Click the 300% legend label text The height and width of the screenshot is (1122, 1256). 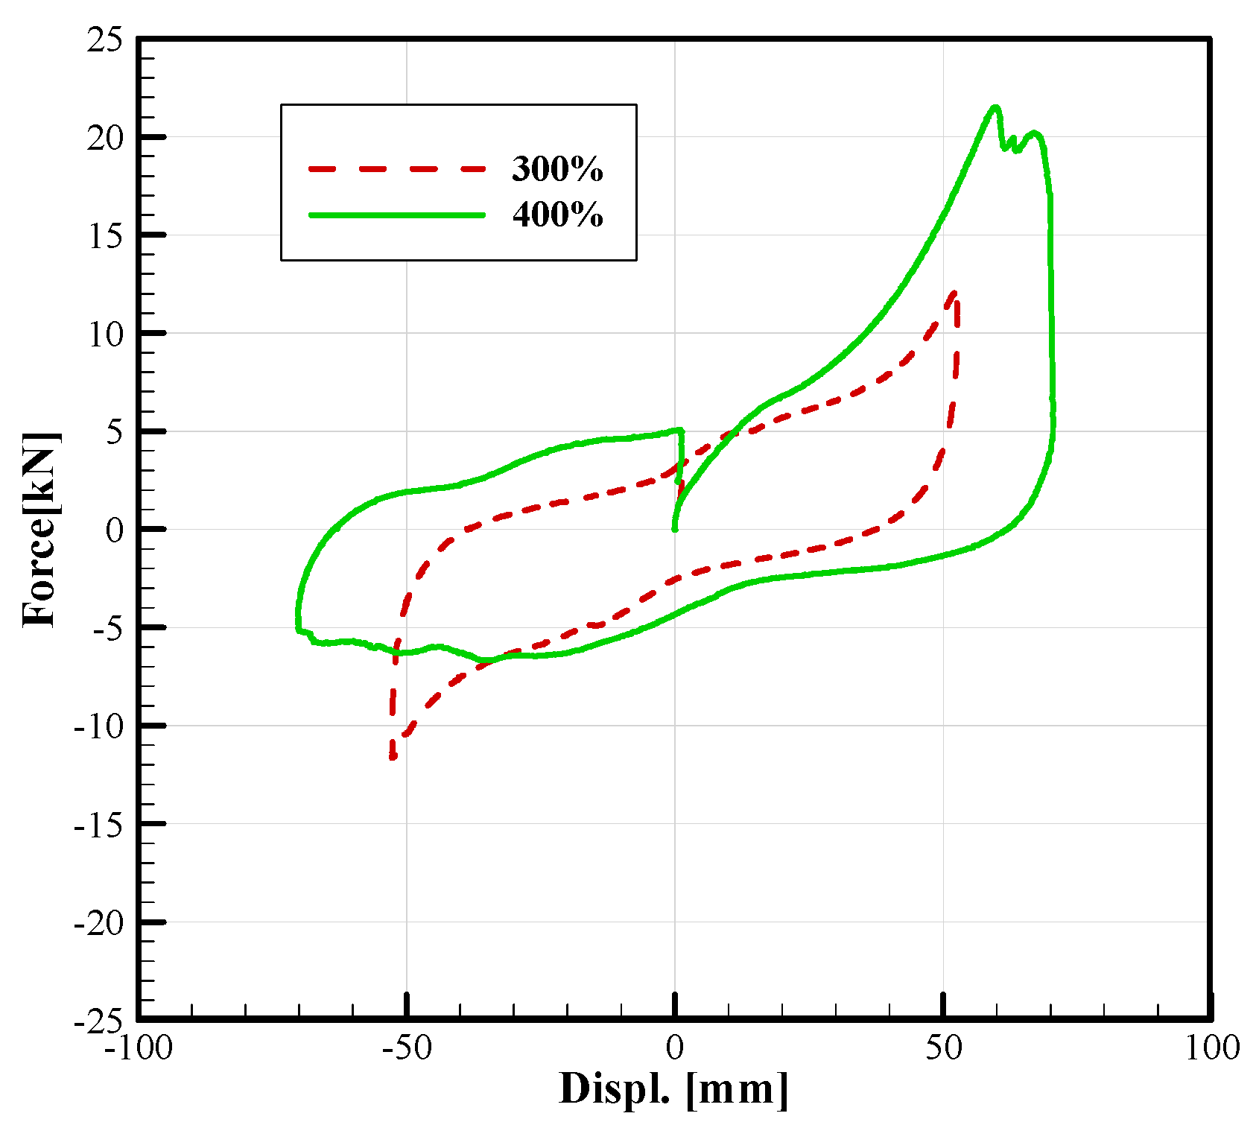tap(557, 169)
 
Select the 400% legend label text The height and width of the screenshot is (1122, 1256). tap(557, 215)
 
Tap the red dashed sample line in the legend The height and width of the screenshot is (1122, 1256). tap(396, 169)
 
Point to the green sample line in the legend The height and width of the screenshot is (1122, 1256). tap(396, 215)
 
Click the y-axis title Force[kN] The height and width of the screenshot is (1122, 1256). tap(40, 529)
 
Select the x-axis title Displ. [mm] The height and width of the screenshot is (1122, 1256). tap(673, 1089)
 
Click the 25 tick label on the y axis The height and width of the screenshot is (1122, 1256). tap(104, 40)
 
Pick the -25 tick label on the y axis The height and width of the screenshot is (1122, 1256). tap(98, 1020)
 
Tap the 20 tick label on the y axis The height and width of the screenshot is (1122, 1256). tap(104, 138)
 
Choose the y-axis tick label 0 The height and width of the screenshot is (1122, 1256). tap(114, 530)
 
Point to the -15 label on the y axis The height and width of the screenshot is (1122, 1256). tap(98, 825)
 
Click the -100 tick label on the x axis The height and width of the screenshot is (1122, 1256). tap(139, 1048)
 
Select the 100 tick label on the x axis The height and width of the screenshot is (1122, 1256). tap(1211, 1048)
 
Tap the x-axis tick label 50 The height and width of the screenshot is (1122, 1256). tap(944, 1048)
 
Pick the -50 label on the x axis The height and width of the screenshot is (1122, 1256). tap(407, 1048)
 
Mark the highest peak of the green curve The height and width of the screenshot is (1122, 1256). tap(995, 107)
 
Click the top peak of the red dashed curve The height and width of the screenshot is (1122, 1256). tap(954, 292)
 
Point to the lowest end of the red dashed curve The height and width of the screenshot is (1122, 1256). tap(393, 758)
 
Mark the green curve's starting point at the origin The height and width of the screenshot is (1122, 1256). tap(675, 529)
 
